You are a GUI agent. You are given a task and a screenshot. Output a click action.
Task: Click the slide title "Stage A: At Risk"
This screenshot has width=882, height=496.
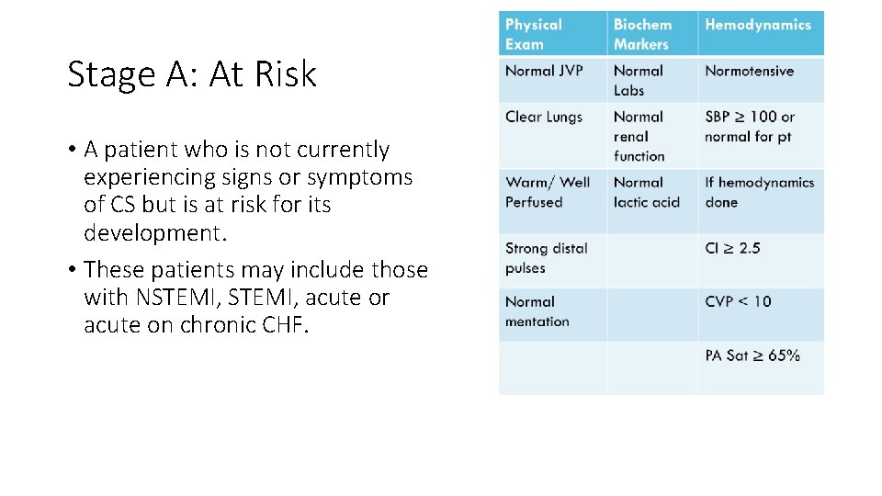192,74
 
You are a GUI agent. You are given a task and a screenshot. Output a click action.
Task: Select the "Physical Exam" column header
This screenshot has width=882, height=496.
534,34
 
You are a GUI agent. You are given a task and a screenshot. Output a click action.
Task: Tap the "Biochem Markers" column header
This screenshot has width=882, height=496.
642,34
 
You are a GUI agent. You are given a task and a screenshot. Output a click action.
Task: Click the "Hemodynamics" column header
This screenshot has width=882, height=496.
758,25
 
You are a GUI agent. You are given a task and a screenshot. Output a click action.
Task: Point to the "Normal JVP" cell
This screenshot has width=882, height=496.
544,71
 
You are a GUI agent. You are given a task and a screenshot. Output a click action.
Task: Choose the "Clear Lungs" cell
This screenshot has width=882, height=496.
544,117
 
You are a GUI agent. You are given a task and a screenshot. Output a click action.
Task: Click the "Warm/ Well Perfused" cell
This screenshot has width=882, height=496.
548,192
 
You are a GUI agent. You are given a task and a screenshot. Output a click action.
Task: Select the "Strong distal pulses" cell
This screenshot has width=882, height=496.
546,258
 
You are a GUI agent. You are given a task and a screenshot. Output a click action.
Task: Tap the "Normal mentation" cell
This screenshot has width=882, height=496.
537,311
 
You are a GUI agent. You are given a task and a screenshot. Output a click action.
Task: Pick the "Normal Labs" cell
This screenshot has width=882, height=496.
638,80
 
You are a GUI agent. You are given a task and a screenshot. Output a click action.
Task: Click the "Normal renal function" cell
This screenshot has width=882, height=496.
639,136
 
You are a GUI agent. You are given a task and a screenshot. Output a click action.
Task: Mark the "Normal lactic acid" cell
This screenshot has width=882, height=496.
647,192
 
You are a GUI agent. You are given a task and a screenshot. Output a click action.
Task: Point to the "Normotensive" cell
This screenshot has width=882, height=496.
749,71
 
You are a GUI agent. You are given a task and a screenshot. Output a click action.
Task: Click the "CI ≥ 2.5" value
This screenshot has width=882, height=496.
732,248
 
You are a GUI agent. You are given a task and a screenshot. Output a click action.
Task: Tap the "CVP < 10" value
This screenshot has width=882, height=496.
738,301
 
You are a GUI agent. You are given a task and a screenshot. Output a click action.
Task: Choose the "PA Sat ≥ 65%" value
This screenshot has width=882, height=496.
752,355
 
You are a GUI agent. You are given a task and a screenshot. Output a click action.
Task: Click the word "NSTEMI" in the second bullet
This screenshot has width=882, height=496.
160,298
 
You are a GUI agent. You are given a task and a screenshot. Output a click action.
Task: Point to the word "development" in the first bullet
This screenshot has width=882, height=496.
153,233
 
